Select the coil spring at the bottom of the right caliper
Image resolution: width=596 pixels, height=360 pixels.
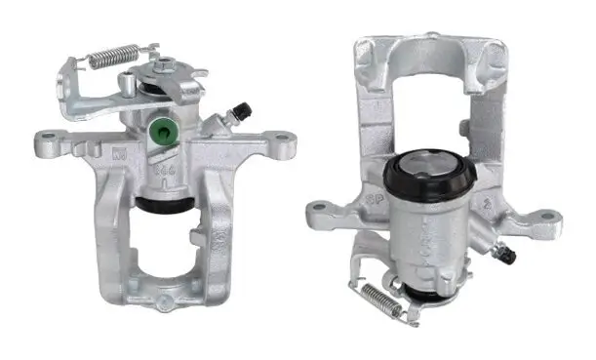point(378,297)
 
